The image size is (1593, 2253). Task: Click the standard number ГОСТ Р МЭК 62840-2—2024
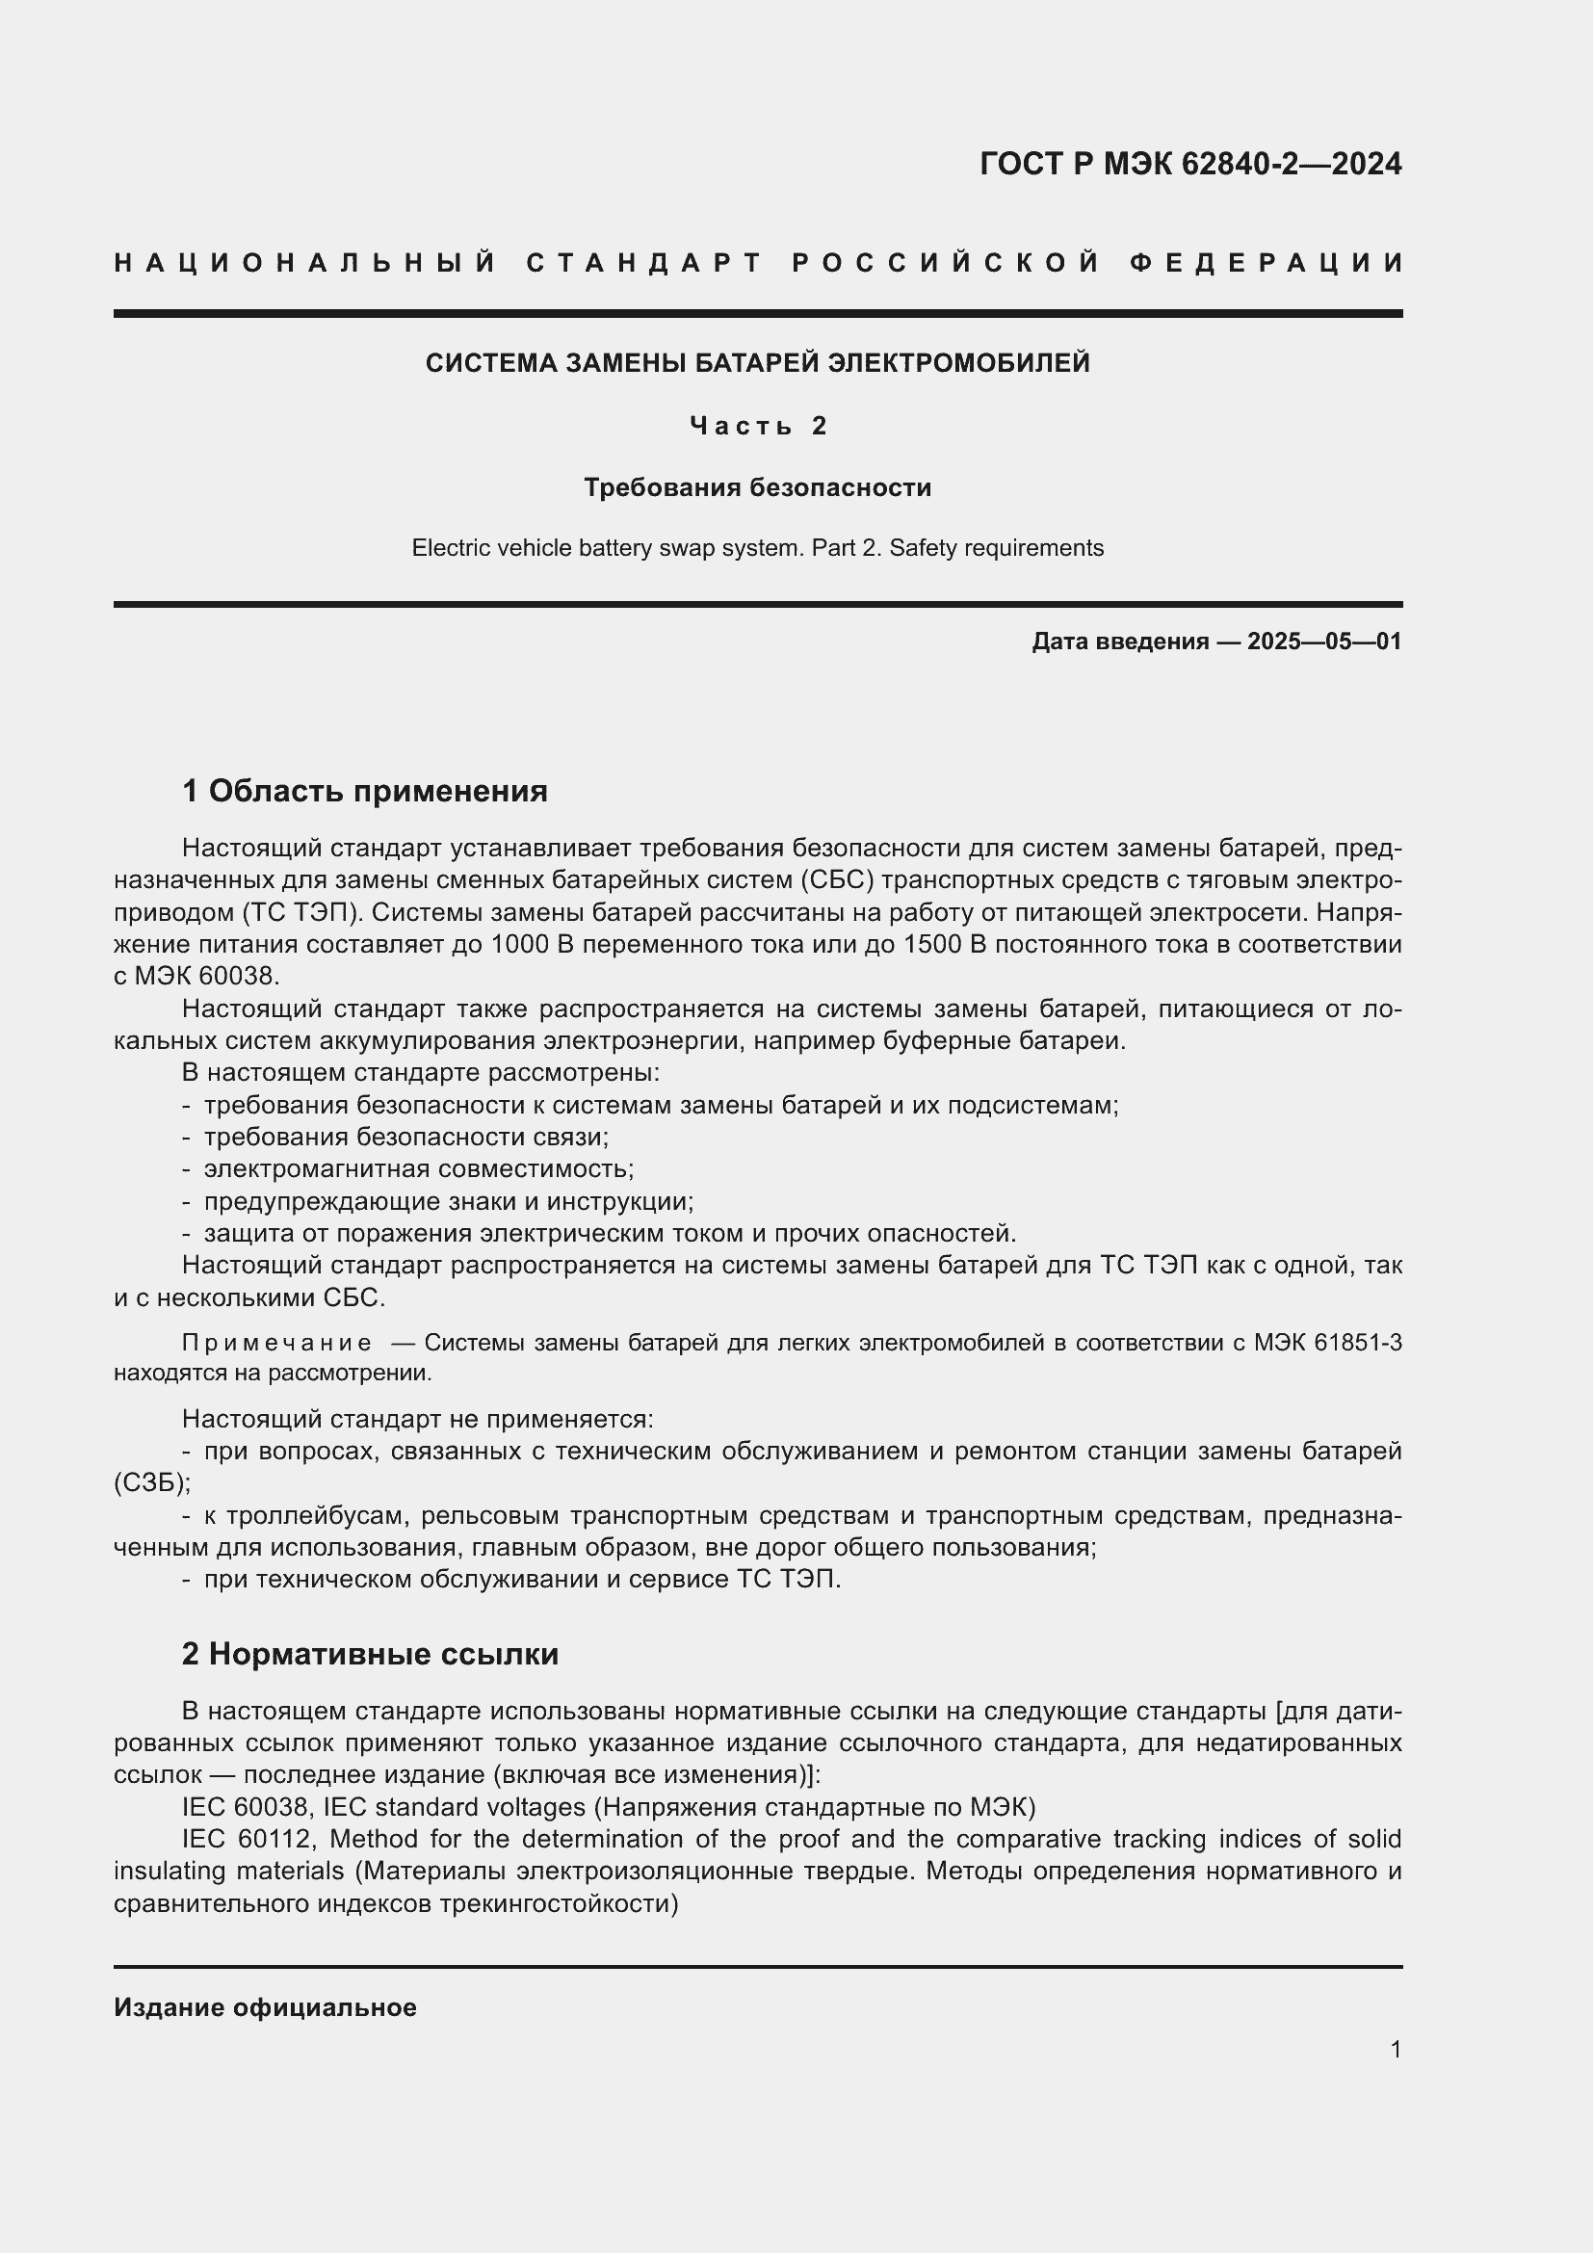1189,164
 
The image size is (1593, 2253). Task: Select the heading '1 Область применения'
364,791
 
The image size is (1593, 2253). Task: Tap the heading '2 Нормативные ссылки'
370,1654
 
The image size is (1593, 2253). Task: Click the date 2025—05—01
1324,642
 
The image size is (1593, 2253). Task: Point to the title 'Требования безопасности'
757,487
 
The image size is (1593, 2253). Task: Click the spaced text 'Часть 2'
757,426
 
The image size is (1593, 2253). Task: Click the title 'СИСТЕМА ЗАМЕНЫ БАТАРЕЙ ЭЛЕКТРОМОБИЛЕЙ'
757,364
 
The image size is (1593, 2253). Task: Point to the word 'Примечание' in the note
276,1343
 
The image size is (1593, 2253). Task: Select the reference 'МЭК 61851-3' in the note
1327,1343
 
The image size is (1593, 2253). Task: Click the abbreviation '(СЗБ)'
151,1482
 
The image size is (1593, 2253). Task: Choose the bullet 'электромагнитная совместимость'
419,1169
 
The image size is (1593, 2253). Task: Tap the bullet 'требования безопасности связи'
406,1138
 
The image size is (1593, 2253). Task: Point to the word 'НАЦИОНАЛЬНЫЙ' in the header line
304,263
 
